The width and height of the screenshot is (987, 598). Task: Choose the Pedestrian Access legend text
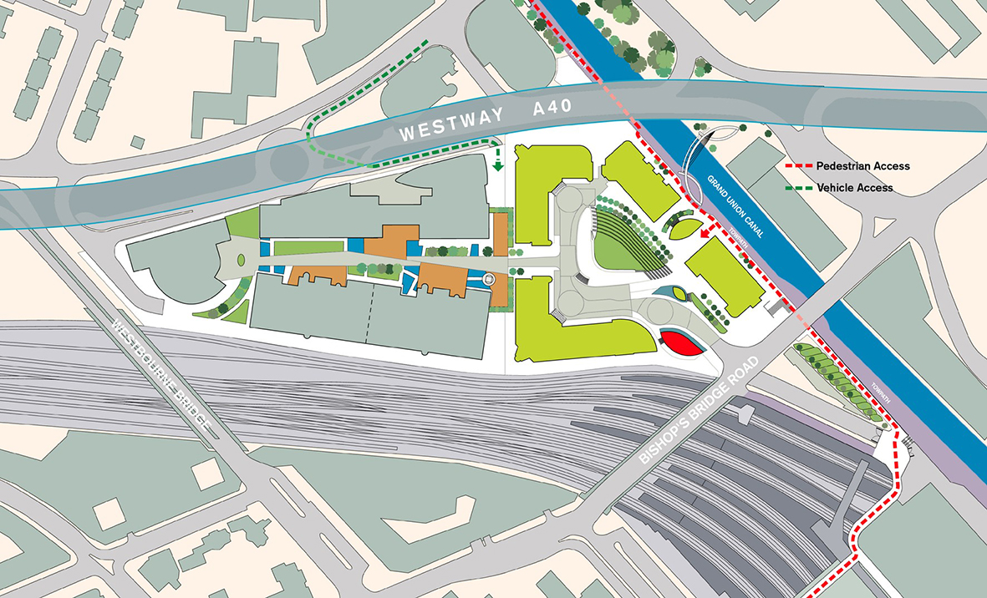click(x=862, y=166)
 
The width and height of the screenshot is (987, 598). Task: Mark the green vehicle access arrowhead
click(x=498, y=165)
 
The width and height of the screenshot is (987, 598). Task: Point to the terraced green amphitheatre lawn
click(x=622, y=242)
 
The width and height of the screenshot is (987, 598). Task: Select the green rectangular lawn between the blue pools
click(x=309, y=247)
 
